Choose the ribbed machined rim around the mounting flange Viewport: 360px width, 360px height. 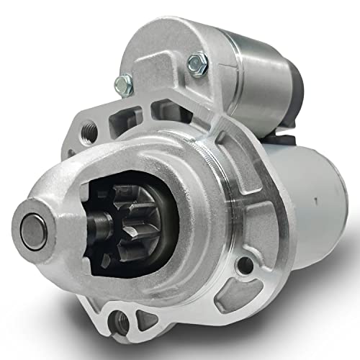pos(216,166)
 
